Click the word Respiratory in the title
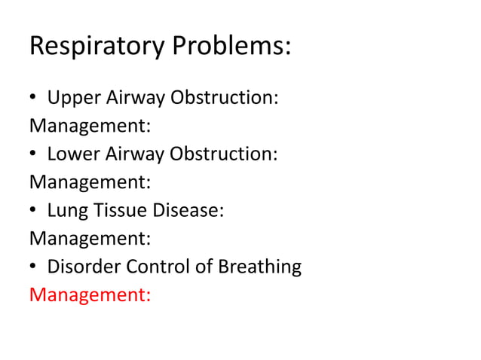tap(97, 47)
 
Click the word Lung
tap(66, 211)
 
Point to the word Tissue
tap(120, 211)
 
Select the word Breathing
tap(258, 267)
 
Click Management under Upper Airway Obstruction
tap(90, 127)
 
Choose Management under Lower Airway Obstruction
tap(90, 183)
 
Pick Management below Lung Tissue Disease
tap(90, 239)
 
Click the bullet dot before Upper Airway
tap(34, 99)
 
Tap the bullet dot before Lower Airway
tap(34, 155)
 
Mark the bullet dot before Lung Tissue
tap(34, 212)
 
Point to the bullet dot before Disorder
tap(34, 267)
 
